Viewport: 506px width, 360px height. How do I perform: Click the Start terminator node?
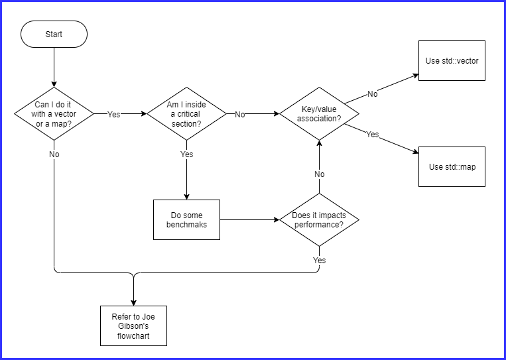coord(54,34)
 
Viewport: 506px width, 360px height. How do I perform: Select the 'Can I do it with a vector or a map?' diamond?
coord(54,113)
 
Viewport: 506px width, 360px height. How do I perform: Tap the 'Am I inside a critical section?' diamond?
coord(186,113)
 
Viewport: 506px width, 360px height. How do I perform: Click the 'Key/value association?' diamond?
coord(319,113)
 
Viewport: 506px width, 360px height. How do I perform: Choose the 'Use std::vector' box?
coord(452,60)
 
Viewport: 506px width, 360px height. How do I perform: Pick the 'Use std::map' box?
coord(452,166)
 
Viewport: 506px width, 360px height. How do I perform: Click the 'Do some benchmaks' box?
coord(186,219)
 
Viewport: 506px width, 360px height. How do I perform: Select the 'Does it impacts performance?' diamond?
coord(319,219)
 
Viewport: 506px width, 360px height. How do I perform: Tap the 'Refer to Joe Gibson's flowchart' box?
coord(133,326)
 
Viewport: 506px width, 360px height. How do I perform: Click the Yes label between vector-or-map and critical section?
coord(114,114)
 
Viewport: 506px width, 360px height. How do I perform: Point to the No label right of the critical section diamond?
coord(240,114)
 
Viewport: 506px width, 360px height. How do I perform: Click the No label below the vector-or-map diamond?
coord(54,154)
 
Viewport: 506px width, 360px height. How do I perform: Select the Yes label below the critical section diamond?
coord(187,154)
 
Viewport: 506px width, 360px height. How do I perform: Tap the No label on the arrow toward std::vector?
coord(373,94)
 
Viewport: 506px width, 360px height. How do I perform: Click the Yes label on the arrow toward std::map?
coord(373,134)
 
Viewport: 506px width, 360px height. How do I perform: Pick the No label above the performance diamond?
coord(320,174)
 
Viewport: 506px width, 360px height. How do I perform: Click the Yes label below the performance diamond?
coord(320,260)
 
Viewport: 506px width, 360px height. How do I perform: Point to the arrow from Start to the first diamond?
coord(54,66)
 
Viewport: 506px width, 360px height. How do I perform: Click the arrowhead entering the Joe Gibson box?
coord(133,302)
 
